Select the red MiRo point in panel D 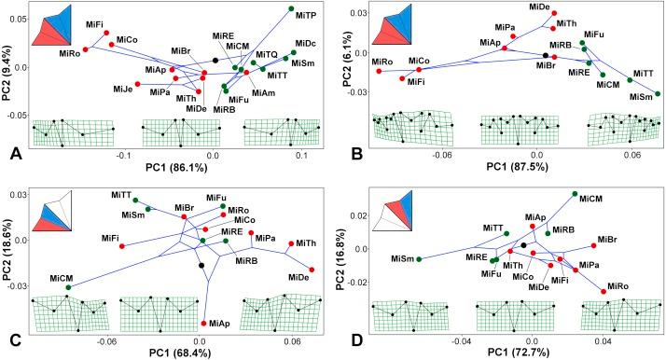click(604, 292)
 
